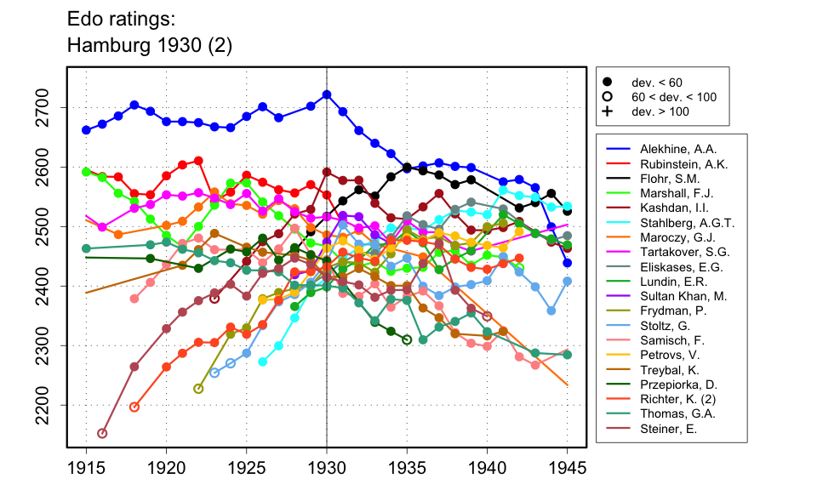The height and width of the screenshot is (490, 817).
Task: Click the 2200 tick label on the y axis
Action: (53, 404)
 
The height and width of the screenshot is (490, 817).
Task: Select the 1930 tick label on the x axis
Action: (327, 468)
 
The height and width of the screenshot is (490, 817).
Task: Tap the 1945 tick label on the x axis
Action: (568, 468)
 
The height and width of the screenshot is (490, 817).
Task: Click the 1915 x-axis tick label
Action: (86, 468)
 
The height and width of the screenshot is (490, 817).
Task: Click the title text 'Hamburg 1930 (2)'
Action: (150, 45)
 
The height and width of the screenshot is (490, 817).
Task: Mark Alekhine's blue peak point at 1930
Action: (327, 94)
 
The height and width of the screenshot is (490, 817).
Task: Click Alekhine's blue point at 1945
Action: (568, 263)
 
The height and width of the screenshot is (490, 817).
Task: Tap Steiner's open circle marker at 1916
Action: (102, 433)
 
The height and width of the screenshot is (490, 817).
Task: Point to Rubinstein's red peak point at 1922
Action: (198, 161)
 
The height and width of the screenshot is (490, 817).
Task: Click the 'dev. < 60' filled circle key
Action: (607, 83)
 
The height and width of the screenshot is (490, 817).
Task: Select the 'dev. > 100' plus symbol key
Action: (607, 111)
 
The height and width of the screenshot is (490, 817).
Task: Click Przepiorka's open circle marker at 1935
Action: (407, 339)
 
